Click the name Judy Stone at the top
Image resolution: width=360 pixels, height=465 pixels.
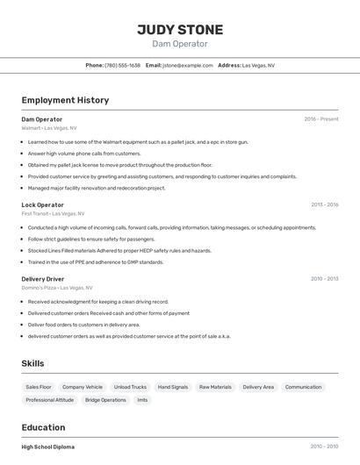[180, 29]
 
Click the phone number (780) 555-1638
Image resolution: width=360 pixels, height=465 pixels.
[123, 65]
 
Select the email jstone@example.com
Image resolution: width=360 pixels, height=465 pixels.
[188, 65]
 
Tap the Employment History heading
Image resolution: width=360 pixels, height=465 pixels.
[65, 100]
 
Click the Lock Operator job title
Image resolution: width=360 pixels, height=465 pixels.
[43, 204]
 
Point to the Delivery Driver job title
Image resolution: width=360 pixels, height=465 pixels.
[43, 279]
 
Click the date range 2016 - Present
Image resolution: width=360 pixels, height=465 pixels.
[320, 119]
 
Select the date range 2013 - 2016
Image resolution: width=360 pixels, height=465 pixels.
[324, 204]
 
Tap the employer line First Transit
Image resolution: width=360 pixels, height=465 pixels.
[53, 213]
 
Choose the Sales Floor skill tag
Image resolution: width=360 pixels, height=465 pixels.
[39, 387]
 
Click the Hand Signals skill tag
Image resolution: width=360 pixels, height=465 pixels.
[173, 387]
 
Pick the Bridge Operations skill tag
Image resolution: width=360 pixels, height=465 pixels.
[105, 400]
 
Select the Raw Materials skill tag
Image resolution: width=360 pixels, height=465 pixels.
[215, 387]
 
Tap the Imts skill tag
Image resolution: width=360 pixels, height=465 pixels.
[142, 400]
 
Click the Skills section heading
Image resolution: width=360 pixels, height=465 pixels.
[32, 363]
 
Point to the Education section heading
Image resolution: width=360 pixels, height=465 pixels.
[44, 427]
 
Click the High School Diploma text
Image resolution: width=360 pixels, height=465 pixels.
[48, 447]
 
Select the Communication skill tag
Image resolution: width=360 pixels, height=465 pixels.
[303, 387]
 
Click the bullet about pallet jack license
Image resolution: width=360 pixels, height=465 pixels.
[120, 165]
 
